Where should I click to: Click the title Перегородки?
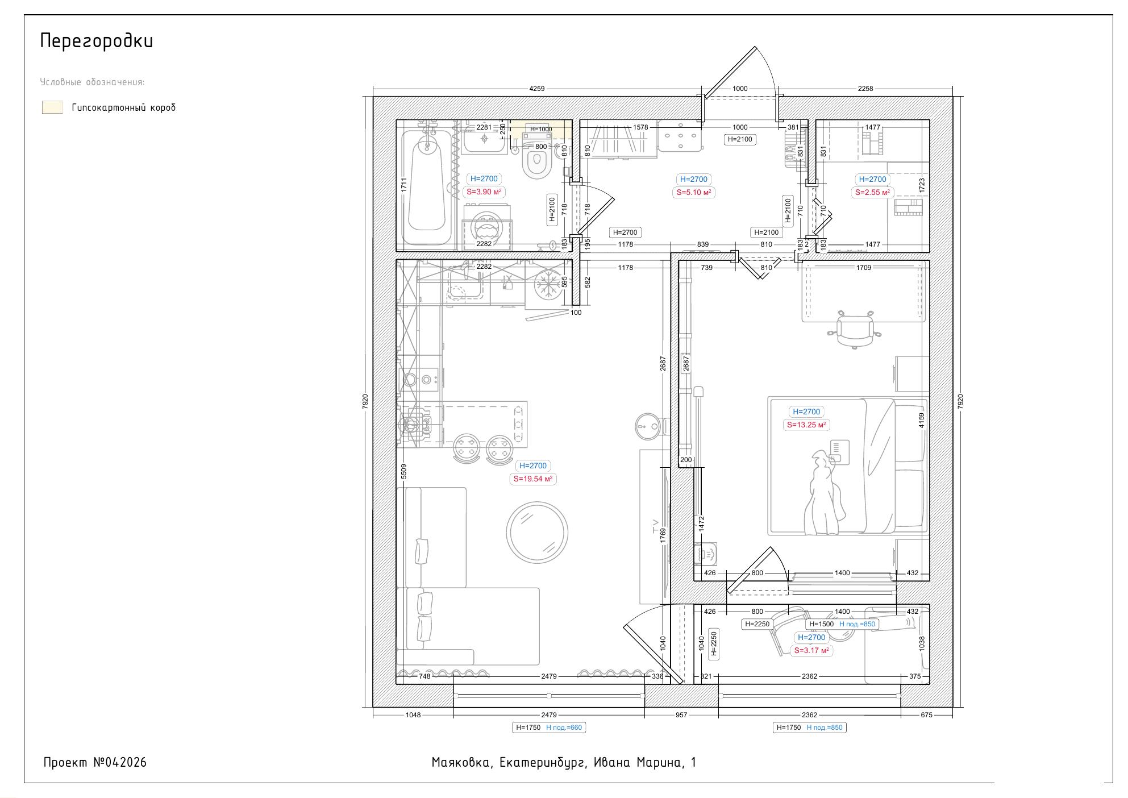coord(97,41)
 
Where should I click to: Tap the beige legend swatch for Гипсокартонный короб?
coord(52,107)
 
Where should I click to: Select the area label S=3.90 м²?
coord(484,192)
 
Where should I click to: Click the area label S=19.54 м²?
coord(533,479)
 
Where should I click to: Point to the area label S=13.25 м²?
coord(806,425)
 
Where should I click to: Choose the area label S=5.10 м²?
coord(694,193)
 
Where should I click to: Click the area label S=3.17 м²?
coord(811,651)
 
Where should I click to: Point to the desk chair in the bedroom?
coord(855,329)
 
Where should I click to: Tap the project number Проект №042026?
coord(95,763)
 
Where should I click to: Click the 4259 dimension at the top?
coord(536,89)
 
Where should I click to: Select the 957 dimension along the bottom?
coord(681,715)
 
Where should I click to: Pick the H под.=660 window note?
coord(564,728)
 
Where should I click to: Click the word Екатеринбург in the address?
coord(543,763)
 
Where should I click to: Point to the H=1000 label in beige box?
coord(540,129)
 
